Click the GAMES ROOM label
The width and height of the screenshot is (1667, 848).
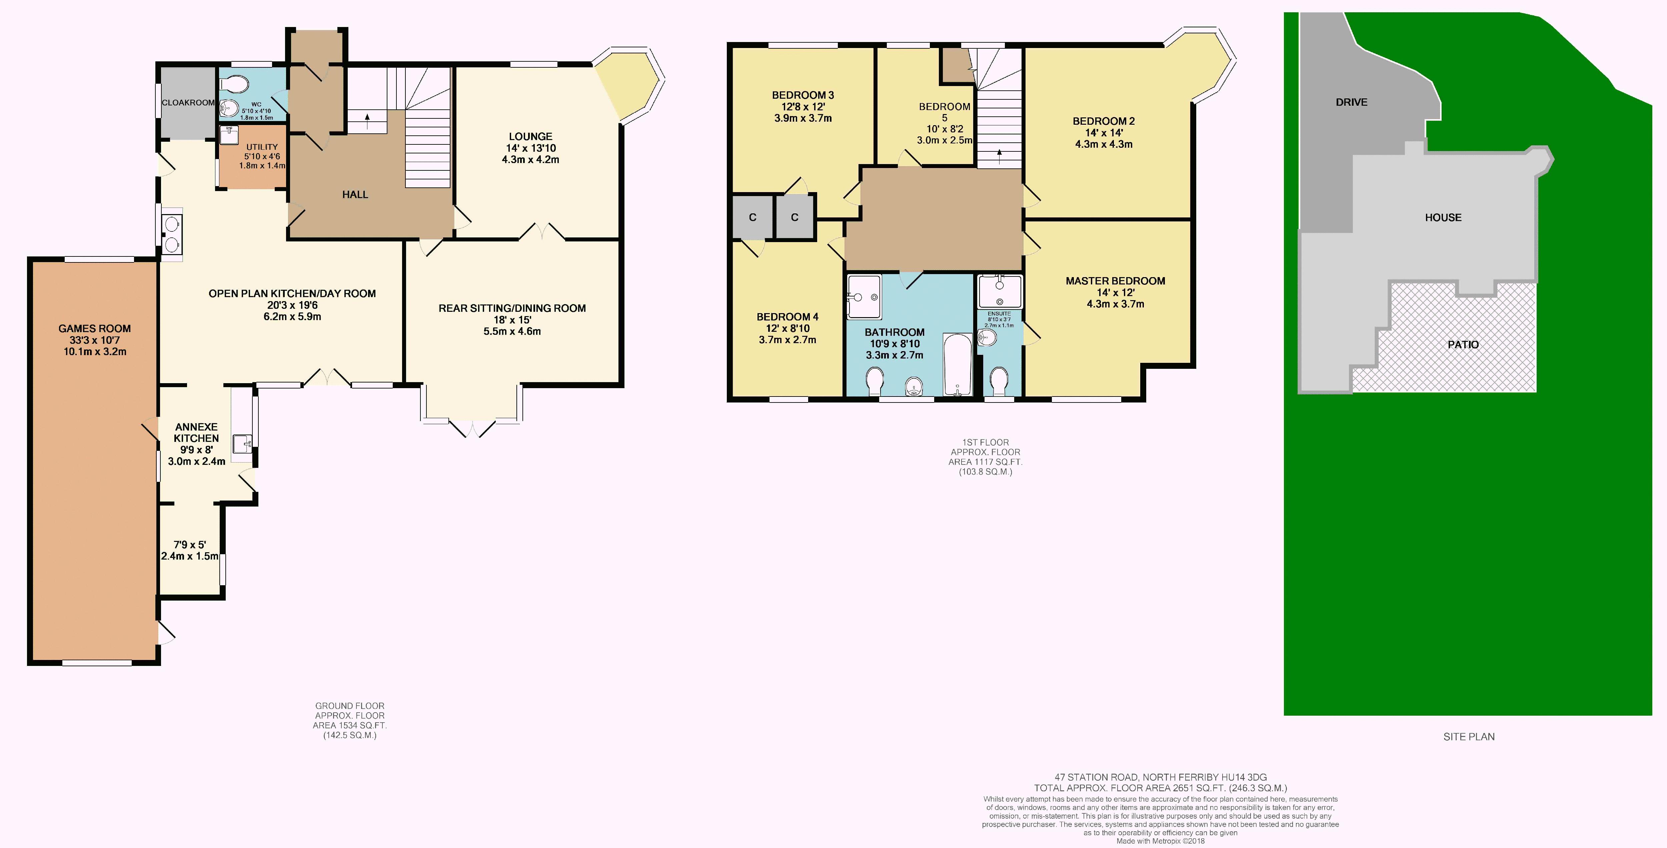click(x=94, y=328)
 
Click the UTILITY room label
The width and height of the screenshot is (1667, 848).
click(x=262, y=147)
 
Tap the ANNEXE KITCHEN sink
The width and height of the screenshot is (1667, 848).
click(x=243, y=444)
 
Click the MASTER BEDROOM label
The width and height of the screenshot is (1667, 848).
click(x=1115, y=281)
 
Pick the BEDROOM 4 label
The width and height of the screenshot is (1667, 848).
click(x=787, y=316)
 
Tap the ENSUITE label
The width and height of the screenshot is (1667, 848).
click(x=999, y=314)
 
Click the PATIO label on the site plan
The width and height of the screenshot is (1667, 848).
click(x=1463, y=344)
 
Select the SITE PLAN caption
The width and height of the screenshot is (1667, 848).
click(x=1469, y=737)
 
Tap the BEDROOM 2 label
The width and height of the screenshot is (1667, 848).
click(x=1103, y=121)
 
